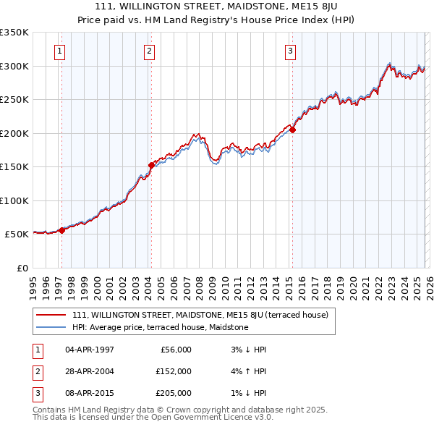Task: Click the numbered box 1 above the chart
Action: (59, 51)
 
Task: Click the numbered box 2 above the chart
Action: (148, 51)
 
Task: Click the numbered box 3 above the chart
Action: (289, 51)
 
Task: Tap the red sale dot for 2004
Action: (151, 165)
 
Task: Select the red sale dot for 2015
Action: (292, 130)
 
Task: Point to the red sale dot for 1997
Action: (61, 230)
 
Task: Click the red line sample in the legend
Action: (51, 315)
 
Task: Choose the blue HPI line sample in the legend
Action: (51, 327)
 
